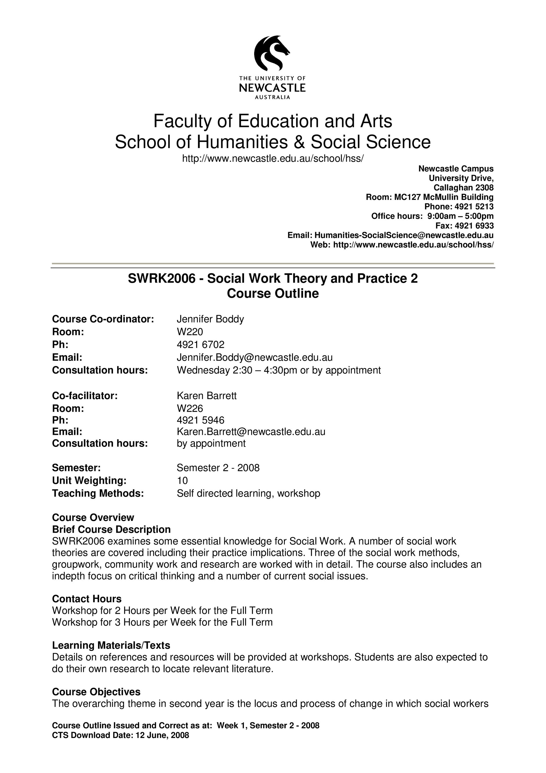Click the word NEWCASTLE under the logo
point(272,88)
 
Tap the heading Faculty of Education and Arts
point(272,121)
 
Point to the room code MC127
point(407,197)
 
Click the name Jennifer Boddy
point(210,319)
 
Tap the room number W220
point(190,332)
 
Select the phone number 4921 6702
point(200,344)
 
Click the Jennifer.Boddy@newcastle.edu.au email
point(255,357)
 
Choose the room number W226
point(190,408)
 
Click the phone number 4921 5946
point(200,420)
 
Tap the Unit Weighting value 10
point(182,480)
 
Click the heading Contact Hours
point(87,599)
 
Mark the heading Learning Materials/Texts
point(111,645)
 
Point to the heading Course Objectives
point(96,692)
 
